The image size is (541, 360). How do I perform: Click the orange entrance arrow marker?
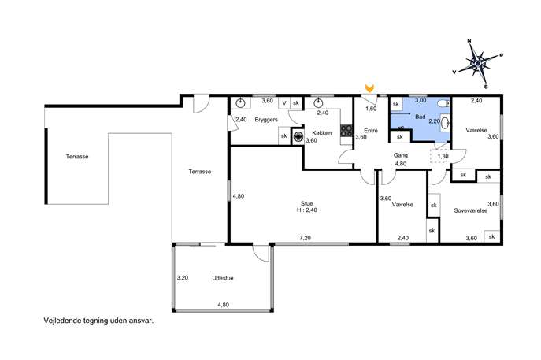point(370,88)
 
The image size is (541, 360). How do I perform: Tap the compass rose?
point(478,64)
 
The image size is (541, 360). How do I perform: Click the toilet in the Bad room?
point(443,103)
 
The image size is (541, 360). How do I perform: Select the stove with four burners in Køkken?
point(346,131)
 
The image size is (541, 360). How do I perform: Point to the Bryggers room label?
point(266,120)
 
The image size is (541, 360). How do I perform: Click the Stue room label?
point(307,204)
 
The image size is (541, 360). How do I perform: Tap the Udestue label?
point(223,278)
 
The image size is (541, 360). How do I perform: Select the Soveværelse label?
point(471,210)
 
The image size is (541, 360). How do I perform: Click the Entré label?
point(371,131)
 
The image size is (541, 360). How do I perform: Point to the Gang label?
point(401,155)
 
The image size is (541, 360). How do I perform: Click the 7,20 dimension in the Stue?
point(305,238)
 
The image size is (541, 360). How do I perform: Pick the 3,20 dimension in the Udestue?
point(183,277)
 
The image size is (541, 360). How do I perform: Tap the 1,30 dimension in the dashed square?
point(443,156)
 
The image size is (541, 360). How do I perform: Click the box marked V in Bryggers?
point(284,103)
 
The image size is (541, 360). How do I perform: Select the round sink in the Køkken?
point(318,103)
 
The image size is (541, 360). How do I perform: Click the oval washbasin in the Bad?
point(446,123)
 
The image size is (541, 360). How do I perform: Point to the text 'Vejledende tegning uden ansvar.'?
point(98,321)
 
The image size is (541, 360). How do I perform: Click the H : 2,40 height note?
point(307,210)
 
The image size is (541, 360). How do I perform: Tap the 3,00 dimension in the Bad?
point(421,100)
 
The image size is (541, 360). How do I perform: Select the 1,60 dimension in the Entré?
point(371,109)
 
